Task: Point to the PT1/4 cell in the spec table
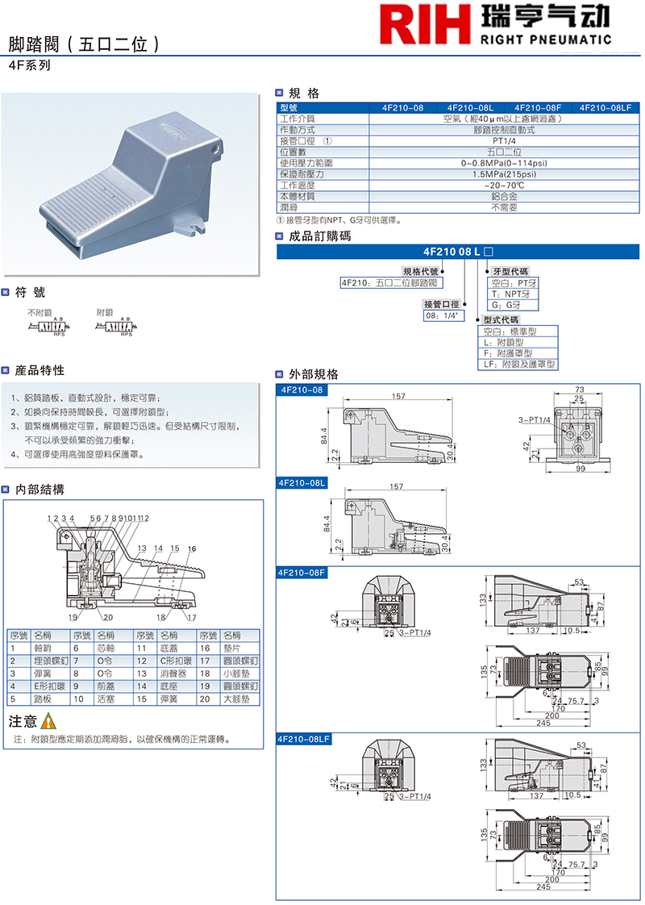click(x=503, y=140)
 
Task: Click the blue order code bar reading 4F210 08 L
click(x=457, y=252)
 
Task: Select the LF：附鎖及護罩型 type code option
click(x=518, y=364)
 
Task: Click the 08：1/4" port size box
click(x=441, y=316)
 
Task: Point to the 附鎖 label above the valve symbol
click(x=105, y=312)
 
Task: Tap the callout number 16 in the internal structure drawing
click(x=191, y=548)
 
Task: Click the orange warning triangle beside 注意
click(x=48, y=721)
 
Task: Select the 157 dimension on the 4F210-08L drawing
click(x=397, y=487)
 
